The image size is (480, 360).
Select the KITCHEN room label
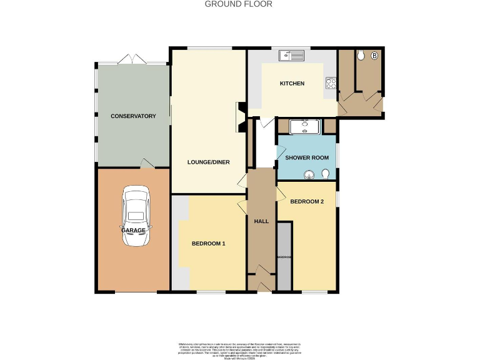(292, 84)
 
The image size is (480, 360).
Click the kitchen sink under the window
(292, 56)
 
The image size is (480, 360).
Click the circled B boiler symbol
(374, 56)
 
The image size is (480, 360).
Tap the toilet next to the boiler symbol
(361, 56)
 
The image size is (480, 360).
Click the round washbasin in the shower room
(308, 174)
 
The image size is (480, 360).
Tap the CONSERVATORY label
(132, 116)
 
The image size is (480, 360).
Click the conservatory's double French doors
(132, 59)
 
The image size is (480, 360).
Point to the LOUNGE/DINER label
(209, 162)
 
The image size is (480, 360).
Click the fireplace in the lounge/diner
(239, 117)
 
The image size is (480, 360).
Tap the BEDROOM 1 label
(208, 243)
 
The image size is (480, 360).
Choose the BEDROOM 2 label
(307, 201)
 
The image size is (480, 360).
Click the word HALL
(261, 221)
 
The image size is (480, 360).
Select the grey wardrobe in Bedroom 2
(284, 257)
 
